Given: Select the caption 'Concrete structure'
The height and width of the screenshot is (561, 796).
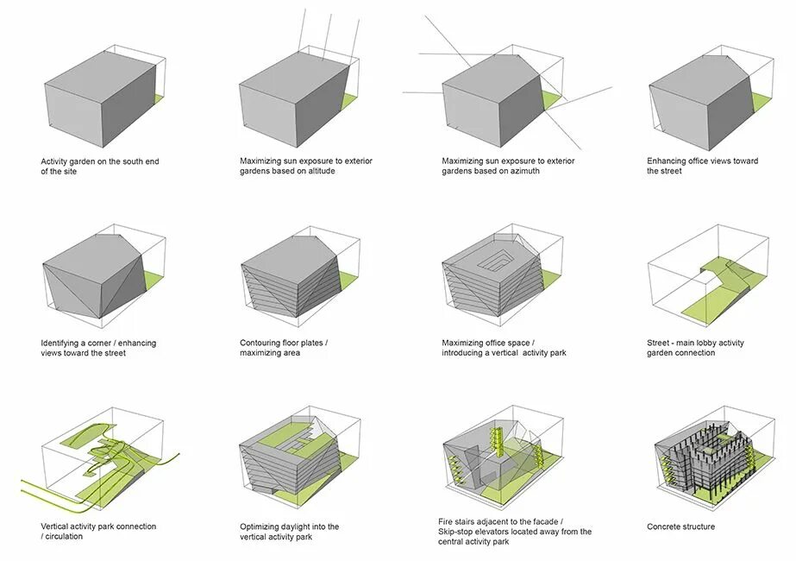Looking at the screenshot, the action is (x=680, y=526).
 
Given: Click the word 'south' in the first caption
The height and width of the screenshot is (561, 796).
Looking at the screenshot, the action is (x=128, y=161).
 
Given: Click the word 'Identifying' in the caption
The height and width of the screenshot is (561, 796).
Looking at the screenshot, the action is (x=61, y=344).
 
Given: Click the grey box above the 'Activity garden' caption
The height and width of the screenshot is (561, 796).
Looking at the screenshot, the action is (x=99, y=95).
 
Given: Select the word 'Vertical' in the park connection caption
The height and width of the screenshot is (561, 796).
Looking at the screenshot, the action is (x=58, y=526).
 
